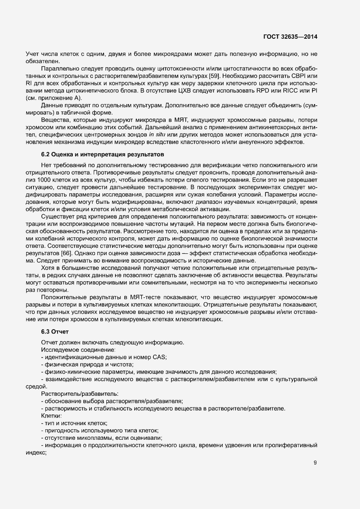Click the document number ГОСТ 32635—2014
point(290,37)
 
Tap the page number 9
point(315,463)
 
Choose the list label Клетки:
point(51,416)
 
